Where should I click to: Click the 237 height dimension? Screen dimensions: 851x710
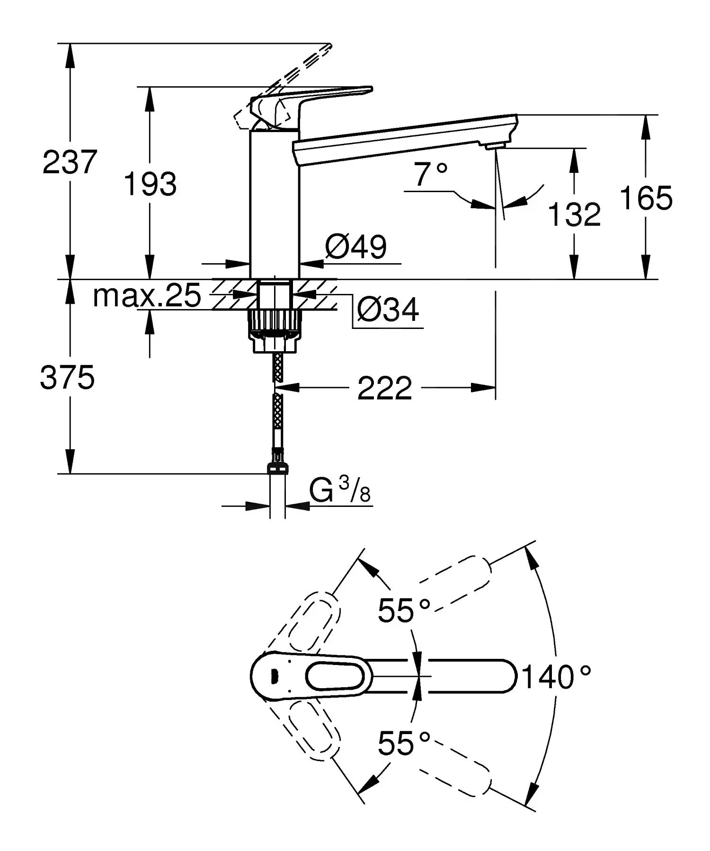(x=70, y=162)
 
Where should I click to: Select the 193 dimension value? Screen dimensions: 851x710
(x=150, y=184)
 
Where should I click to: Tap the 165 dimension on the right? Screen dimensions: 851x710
(x=646, y=198)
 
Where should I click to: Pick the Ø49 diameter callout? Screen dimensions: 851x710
(x=356, y=247)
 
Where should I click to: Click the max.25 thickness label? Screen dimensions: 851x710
(x=147, y=296)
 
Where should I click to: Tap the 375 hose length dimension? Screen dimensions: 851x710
(x=67, y=378)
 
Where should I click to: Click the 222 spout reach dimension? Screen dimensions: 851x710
(x=384, y=389)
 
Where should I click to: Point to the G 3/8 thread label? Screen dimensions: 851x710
(x=340, y=491)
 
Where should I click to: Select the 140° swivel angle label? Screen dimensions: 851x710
(x=557, y=677)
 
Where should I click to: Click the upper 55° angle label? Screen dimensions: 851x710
(x=404, y=610)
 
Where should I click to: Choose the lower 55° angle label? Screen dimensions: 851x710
(x=404, y=743)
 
